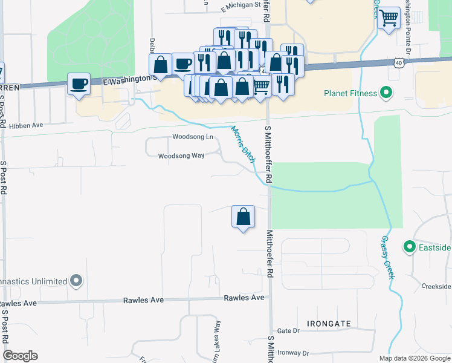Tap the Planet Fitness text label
point(350,94)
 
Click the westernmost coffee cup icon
point(79,84)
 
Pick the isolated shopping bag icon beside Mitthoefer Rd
point(243,217)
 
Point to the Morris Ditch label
point(242,143)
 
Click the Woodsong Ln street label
point(193,137)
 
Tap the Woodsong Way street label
point(181,156)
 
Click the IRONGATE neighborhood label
point(328,324)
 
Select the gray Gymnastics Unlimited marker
point(76,281)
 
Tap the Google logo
point(20,356)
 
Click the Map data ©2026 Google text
point(414,358)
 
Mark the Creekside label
point(437,286)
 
